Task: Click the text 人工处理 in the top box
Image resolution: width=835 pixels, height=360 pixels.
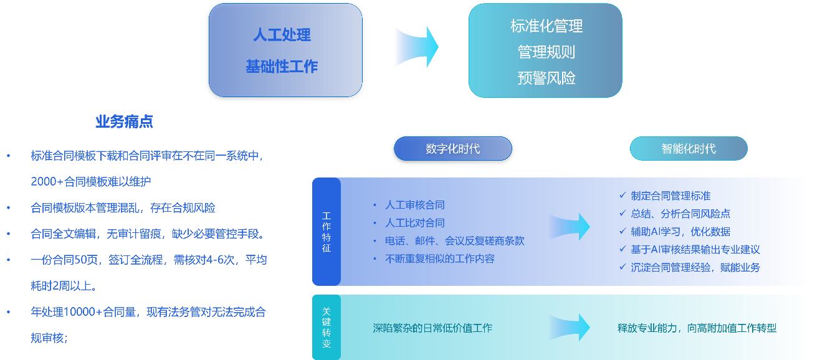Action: coord(282,35)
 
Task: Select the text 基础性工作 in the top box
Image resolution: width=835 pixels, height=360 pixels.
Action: coord(282,66)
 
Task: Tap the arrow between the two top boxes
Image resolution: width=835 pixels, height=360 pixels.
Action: coord(416,47)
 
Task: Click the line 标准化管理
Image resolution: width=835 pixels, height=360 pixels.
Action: coord(546,26)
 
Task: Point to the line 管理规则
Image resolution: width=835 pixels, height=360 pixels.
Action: coord(546,52)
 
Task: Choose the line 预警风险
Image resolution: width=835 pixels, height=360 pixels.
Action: coord(546,78)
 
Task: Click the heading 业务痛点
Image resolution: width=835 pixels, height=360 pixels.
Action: coord(124,122)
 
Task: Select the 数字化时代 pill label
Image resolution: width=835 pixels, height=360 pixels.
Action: coord(452,149)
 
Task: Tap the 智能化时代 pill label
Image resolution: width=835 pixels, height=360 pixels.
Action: coord(688,149)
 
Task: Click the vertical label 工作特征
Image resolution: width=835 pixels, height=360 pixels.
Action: coord(327,232)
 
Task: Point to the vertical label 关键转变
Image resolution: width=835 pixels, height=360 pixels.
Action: coord(327,327)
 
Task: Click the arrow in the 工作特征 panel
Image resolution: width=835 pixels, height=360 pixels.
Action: coord(571,227)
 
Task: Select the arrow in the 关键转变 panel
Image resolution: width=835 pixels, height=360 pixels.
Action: coord(569,328)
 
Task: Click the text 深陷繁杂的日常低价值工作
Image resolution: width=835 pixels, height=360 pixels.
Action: coord(432,328)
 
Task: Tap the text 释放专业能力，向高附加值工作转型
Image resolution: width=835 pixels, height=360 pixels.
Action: coord(697,328)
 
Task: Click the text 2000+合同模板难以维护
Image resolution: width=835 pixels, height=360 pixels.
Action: coord(91,182)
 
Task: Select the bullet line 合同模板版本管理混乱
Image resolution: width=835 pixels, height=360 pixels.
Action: coord(123,208)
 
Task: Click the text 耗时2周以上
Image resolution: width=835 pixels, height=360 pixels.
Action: coord(63,287)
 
